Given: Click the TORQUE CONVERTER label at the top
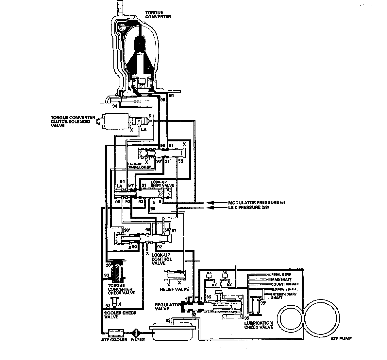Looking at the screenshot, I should click(158, 14).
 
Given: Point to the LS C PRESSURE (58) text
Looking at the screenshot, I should click(248, 207).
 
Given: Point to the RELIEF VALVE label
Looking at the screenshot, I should click(174, 289).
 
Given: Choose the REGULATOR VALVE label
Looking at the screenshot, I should click(168, 307).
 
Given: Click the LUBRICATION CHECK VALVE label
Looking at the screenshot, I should click(258, 325).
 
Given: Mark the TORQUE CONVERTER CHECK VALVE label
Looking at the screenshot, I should click(122, 289).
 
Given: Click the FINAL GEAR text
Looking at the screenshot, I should click(281, 274).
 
